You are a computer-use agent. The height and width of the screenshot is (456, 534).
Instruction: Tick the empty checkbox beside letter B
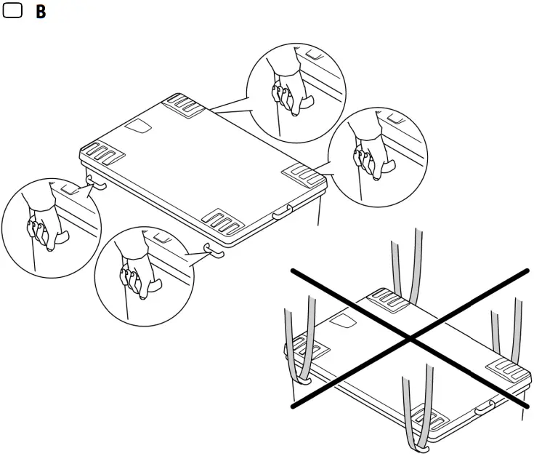[13, 13]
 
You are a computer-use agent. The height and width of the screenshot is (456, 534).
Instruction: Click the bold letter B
[41, 13]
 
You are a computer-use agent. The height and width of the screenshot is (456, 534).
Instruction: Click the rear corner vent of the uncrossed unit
[187, 104]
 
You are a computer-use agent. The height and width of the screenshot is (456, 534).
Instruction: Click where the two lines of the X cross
[411, 338]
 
